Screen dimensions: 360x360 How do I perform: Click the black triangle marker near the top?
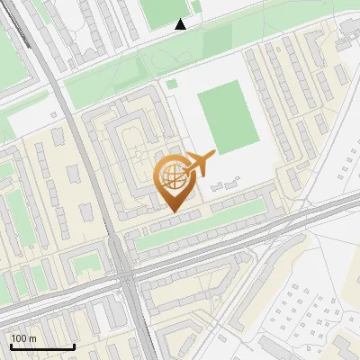coord(181,24)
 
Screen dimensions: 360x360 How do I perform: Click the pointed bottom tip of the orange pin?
coord(175,212)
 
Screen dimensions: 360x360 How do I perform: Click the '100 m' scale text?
coord(24,338)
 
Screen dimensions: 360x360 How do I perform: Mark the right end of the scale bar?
coord(74,346)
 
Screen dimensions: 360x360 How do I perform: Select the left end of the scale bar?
coord(10,346)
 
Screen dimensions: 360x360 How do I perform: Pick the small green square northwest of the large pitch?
coord(171,84)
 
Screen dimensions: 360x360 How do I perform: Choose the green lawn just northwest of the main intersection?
coord(87,263)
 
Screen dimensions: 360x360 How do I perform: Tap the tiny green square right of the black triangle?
coord(196,9)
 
